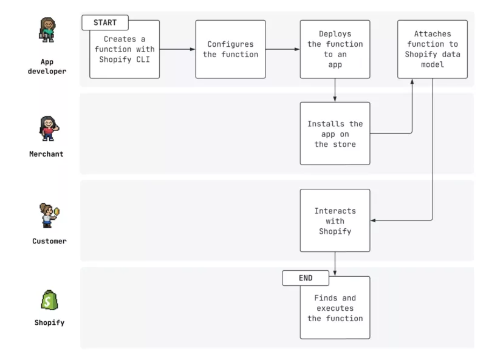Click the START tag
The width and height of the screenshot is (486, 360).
pyautogui.click(x=105, y=22)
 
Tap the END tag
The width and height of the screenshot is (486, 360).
pyautogui.click(x=306, y=278)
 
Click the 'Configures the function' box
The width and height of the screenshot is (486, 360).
pyautogui.click(x=230, y=49)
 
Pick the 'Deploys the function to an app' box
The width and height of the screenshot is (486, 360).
pyautogui.click(x=335, y=49)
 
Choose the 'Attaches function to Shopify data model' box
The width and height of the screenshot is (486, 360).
pyautogui.click(x=433, y=49)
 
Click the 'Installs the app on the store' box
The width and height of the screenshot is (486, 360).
pyautogui.click(x=335, y=134)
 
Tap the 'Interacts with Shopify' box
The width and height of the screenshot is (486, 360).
pyautogui.click(x=335, y=220)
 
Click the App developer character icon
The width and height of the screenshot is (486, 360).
pyautogui.click(x=47, y=30)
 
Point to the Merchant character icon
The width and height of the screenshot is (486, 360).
pyautogui.click(x=47, y=129)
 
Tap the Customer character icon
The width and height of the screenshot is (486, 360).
pyautogui.click(x=48, y=216)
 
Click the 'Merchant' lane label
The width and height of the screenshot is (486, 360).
pyautogui.click(x=46, y=154)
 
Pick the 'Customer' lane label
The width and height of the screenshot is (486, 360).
pyautogui.click(x=49, y=241)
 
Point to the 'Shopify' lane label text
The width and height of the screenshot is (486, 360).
pyautogui.click(x=49, y=322)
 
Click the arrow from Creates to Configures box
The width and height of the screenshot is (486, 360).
pyautogui.click(x=177, y=49)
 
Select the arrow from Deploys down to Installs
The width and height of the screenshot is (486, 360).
pyautogui.click(x=335, y=90)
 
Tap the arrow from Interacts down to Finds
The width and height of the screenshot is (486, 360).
pyautogui.click(x=335, y=263)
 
